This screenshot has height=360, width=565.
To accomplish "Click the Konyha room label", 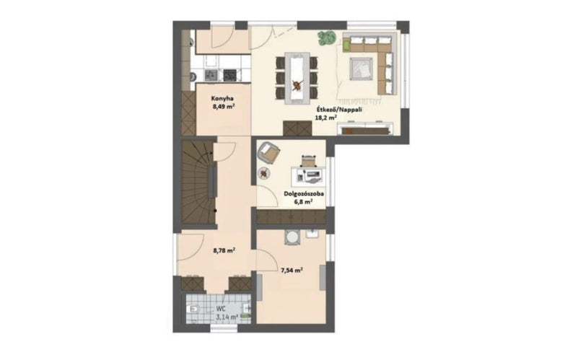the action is pos(222,98).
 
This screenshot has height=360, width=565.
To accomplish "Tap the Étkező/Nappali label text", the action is pos(338,110).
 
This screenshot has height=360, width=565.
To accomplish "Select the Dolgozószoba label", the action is pos(304,194).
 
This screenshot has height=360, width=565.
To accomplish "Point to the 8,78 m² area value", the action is pos(224,250).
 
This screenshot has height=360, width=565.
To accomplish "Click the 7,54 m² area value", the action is pos(292,270).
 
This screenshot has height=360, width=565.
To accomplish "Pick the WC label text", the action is pos(221,309).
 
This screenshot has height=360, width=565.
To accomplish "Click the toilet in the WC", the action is pos(193,309).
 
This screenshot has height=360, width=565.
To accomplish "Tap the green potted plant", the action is pos(327,38).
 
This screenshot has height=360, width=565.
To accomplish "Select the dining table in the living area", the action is pos(297,78).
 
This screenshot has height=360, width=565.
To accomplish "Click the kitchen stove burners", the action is pos(230,75).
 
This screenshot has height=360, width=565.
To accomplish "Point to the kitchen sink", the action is pos(211,75).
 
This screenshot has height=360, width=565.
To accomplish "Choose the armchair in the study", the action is pos(268,152).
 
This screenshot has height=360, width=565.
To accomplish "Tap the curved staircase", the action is pos(198,183).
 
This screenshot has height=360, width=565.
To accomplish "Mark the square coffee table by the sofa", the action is pos(361,69).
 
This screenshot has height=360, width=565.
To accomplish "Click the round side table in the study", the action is pos(265,173).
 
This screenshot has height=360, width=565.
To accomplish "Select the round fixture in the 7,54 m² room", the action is pos(292,237).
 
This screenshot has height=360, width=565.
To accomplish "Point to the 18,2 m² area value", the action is pos(326,118).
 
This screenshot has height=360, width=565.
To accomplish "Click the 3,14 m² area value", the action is pos(227,317).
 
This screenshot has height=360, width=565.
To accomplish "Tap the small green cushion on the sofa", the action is pos(346,45).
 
